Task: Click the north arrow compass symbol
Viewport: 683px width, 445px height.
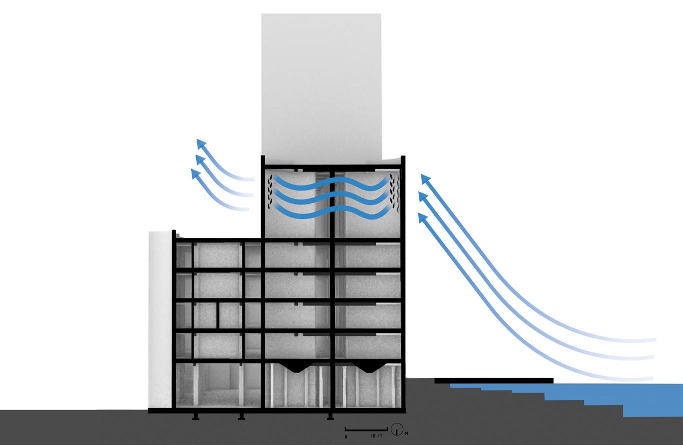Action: click(x=397, y=429)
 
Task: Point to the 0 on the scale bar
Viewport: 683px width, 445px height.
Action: click(x=346, y=436)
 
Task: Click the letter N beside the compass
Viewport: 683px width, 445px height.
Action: click(x=406, y=433)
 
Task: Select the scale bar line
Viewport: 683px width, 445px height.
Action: click(x=367, y=429)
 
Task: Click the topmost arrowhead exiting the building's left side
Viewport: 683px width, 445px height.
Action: click(x=201, y=143)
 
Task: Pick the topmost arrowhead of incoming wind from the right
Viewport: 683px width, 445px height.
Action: click(x=426, y=178)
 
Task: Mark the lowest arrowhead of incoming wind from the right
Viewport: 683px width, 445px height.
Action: click(x=422, y=218)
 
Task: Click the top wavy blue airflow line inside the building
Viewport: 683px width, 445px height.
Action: click(x=330, y=182)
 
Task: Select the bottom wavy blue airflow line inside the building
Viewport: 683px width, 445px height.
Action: click(x=330, y=212)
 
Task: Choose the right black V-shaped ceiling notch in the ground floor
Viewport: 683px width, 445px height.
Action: click(x=370, y=367)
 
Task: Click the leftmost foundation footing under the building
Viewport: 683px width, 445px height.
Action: click(x=196, y=416)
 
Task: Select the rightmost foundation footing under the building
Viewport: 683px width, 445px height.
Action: click(x=330, y=416)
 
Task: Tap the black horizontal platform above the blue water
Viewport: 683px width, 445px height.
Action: click(x=493, y=381)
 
